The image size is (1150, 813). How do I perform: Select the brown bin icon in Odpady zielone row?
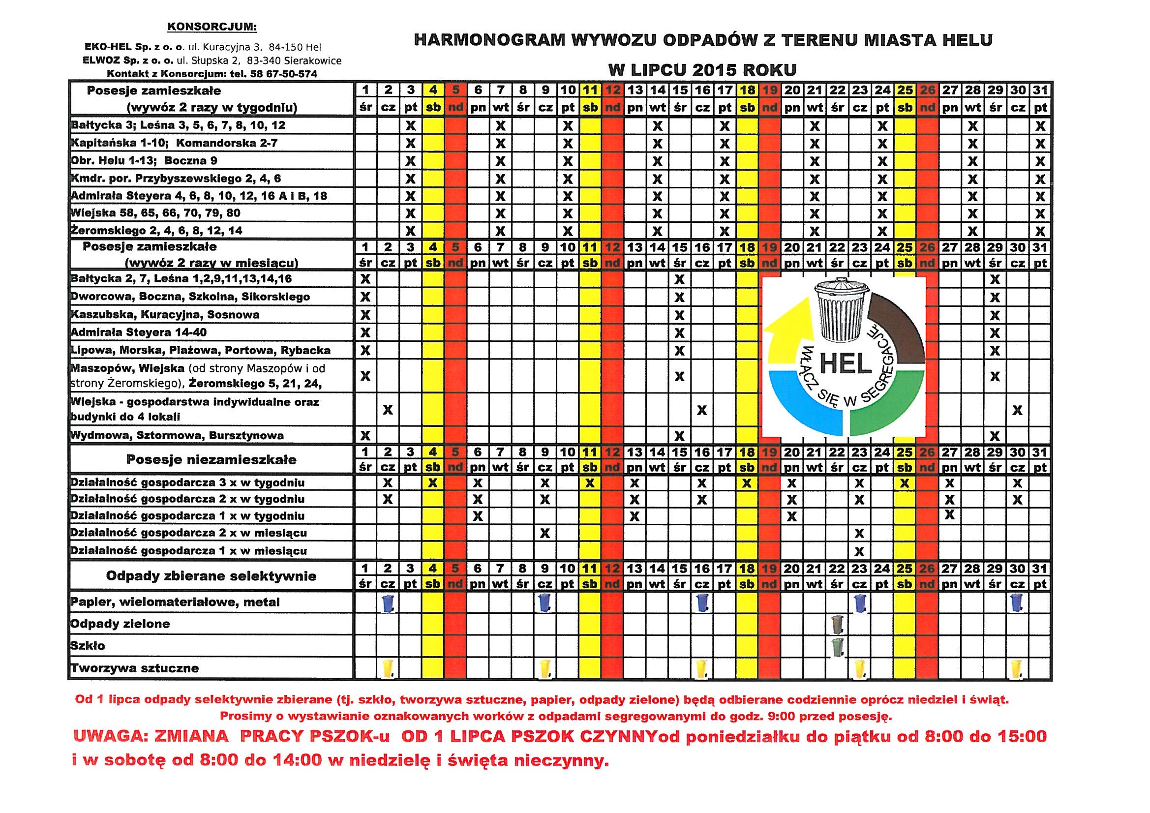coord(837,624)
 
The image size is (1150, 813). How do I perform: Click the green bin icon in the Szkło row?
coord(837,646)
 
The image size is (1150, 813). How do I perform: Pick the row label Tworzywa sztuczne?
coord(135,668)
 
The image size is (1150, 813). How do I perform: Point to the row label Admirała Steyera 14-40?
coord(139,332)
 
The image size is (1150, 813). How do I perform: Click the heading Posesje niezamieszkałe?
coord(212,460)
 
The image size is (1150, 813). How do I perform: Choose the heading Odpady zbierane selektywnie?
coord(212,576)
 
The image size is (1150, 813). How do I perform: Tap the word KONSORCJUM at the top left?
coord(212,27)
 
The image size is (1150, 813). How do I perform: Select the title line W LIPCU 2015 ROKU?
coord(702,70)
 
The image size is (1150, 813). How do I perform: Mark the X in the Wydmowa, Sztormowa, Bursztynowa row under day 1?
coord(365,435)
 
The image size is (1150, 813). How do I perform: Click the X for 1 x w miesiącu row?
coord(859,551)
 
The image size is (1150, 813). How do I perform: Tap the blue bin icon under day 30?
coord(1016,602)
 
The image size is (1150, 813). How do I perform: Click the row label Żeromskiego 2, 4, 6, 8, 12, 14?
coord(157,231)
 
